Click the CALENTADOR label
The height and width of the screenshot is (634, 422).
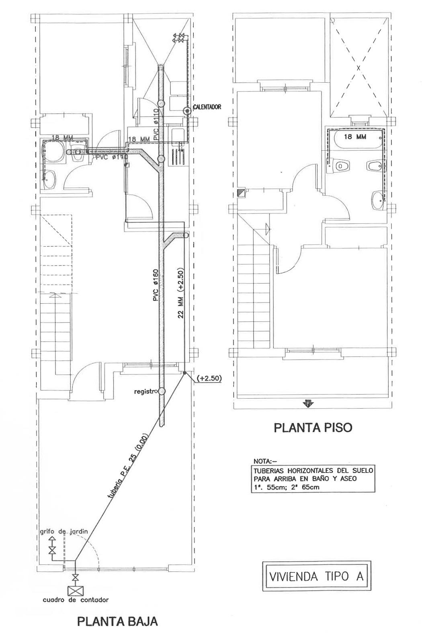point(207,107)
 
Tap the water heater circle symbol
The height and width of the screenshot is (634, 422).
point(187,110)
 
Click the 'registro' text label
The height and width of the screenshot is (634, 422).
point(145,392)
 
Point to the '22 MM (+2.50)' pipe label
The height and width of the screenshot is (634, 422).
point(181,293)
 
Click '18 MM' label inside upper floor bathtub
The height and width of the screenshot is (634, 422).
point(355,137)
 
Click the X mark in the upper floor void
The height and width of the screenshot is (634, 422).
point(358,67)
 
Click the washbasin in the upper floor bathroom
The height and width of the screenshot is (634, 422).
point(377,200)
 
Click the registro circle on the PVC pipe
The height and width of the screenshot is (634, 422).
point(161,391)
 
